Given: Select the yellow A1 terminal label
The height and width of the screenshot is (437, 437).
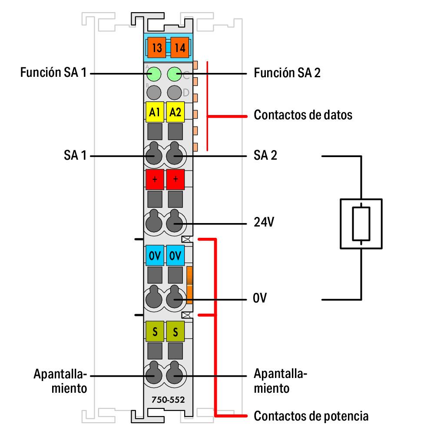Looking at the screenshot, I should pos(154,113).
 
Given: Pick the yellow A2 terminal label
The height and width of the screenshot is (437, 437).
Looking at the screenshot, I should pos(175,113).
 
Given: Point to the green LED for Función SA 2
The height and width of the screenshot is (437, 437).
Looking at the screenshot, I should pos(174,74).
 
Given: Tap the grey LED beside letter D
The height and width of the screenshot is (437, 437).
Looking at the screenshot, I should pos(174,92).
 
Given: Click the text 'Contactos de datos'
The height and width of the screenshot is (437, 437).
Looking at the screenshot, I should pos(303,115).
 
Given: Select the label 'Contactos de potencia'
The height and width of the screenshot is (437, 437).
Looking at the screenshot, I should pos(311,416).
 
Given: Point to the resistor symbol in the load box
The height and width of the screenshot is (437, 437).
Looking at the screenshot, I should pos(361,223).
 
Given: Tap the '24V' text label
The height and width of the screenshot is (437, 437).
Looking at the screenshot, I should pos(264,223).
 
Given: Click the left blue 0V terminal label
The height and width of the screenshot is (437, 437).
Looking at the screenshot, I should pos(154,256).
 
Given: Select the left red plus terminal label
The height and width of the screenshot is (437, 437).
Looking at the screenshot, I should pos(154,179).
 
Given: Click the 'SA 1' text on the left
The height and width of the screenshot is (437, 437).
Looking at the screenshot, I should pos(75,155).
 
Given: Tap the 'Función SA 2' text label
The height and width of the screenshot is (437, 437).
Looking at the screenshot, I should pos(287,73).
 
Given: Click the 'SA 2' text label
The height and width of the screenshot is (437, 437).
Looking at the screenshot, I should pos(265,155).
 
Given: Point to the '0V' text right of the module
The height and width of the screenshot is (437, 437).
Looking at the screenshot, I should pos(260,299).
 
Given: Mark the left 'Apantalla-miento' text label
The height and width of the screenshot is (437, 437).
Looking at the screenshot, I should pos(61,381).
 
